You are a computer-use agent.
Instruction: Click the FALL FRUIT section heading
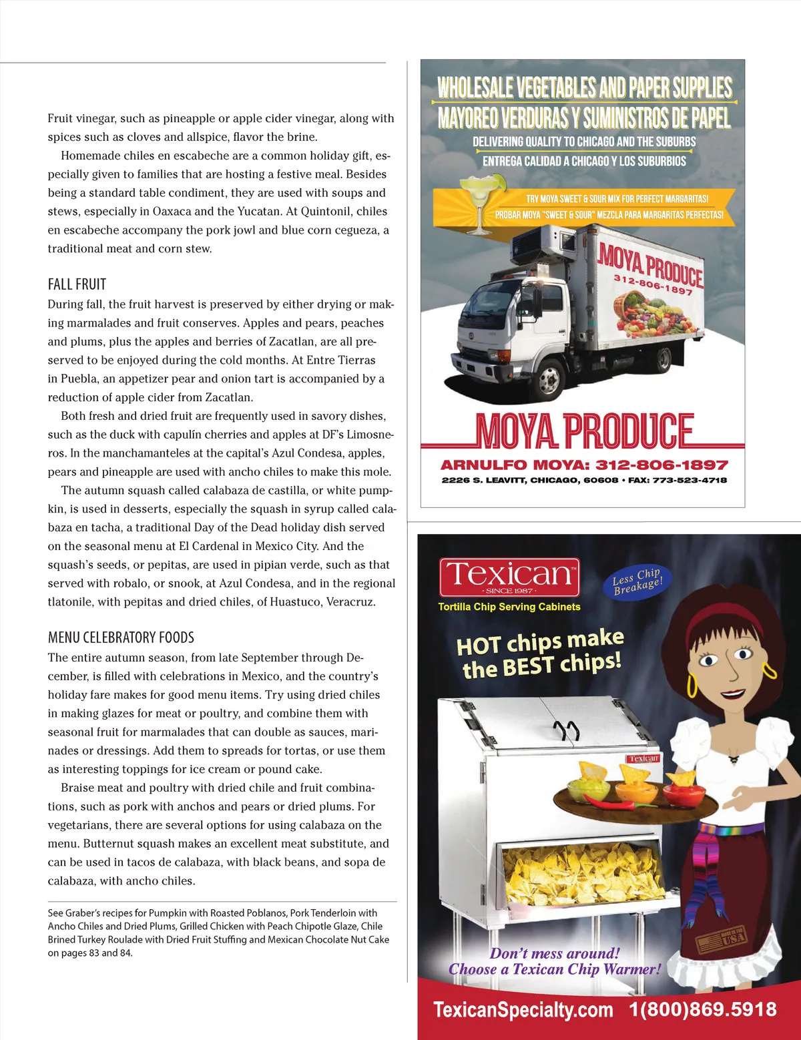tap(77, 284)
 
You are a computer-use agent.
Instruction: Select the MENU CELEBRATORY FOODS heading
tap(121, 637)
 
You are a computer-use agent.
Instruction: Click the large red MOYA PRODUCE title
tap(584, 431)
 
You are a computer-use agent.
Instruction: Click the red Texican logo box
tap(509, 576)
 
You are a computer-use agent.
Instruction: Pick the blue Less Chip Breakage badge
tap(637, 581)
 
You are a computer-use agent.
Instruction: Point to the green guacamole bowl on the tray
tap(589, 790)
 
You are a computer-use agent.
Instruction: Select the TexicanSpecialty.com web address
tap(523, 1010)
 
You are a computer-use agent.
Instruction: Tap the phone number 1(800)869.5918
tap(703, 1009)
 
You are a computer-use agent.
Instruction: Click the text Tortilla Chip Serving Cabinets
tap(509, 607)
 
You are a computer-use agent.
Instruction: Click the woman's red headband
tap(721, 616)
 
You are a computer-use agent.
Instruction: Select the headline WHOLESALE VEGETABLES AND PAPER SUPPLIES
tap(585, 87)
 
